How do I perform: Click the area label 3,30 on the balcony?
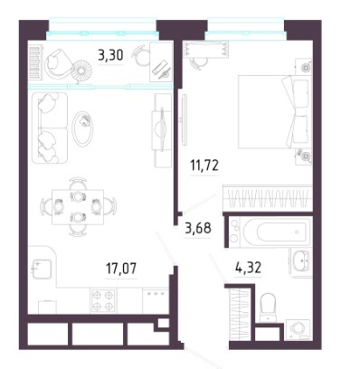tap(110, 55)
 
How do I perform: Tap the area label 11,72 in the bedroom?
tap(204, 166)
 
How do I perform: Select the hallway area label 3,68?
tap(198, 228)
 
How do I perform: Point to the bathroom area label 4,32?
tap(248, 268)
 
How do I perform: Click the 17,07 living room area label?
tap(121, 269)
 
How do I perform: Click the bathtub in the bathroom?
tap(277, 232)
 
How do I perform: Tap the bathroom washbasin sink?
tap(300, 261)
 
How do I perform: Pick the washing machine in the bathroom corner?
tap(298, 329)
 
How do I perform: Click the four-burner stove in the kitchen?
tap(103, 300)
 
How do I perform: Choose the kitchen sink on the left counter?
tap(43, 269)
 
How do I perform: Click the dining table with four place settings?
tap(78, 207)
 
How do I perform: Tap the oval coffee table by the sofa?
tap(82, 129)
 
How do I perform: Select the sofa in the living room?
tap(50, 128)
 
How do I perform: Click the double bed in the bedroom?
tap(274, 112)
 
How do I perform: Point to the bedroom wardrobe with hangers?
tap(267, 198)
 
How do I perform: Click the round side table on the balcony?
tap(81, 71)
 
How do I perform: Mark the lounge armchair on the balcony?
tap(58, 64)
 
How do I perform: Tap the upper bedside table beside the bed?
tap(303, 66)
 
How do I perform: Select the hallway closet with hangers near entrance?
tap(239, 315)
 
